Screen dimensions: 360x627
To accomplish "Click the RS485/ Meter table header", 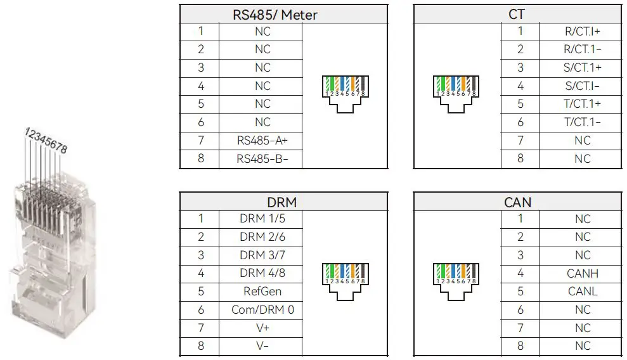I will tap(283, 14).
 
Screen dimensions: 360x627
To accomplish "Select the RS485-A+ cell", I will tap(262, 141).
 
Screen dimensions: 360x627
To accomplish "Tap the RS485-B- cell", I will tap(262, 158).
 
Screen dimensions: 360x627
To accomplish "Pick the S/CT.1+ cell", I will tap(583, 67).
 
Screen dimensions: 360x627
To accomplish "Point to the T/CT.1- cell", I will tap(583, 122).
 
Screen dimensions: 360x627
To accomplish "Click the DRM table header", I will tap(283, 203).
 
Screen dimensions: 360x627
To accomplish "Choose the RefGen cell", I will tap(262, 292).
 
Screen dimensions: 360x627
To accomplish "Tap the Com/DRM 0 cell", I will tap(262, 310).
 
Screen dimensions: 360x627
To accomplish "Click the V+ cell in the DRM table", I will tap(262, 328).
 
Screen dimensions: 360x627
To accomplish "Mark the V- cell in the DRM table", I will tap(262, 346).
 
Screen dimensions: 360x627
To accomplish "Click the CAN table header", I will tap(517, 203).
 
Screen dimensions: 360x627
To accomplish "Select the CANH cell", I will tap(583, 274).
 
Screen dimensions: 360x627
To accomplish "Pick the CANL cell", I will tap(583, 292).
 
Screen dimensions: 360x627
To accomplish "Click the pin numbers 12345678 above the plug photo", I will tap(46, 140).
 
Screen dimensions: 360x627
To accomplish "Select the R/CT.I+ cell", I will tap(583, 31).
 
